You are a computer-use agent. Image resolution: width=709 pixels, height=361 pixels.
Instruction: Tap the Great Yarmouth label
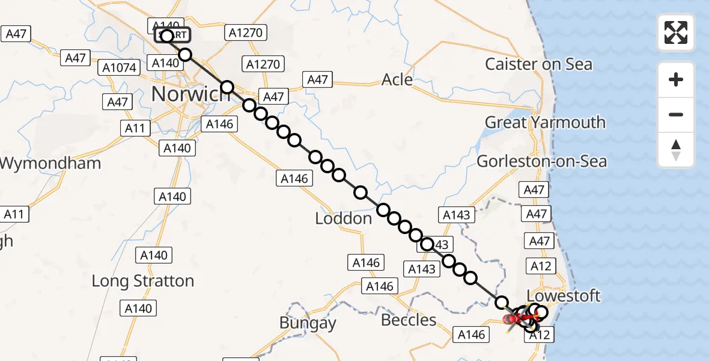click(545, 123)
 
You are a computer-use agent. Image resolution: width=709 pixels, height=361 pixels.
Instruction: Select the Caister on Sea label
click(538, 64)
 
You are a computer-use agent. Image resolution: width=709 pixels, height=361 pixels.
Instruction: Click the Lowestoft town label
click(563, 296)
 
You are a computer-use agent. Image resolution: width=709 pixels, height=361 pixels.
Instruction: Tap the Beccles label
click(409, 319)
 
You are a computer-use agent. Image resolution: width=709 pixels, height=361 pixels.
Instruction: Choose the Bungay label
click(308, 323)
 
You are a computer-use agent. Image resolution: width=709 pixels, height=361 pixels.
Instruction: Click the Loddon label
click(344, 218)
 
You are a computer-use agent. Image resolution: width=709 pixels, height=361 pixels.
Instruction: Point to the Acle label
click(397, 80)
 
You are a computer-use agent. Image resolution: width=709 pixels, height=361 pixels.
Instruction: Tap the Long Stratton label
click(143, 281)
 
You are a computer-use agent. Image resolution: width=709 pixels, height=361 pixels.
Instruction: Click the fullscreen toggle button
click(676, 32)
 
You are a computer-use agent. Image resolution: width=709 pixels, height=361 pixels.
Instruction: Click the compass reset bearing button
click(676, 150)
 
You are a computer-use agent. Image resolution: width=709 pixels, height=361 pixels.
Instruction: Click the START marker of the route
click(173, 35)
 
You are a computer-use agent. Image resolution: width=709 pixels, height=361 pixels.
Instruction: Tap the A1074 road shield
click(120, 67)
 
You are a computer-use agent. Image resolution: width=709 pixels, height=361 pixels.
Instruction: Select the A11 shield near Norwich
click(135, 128)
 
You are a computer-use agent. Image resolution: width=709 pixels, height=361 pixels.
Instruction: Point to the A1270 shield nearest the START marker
click(245, 32)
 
